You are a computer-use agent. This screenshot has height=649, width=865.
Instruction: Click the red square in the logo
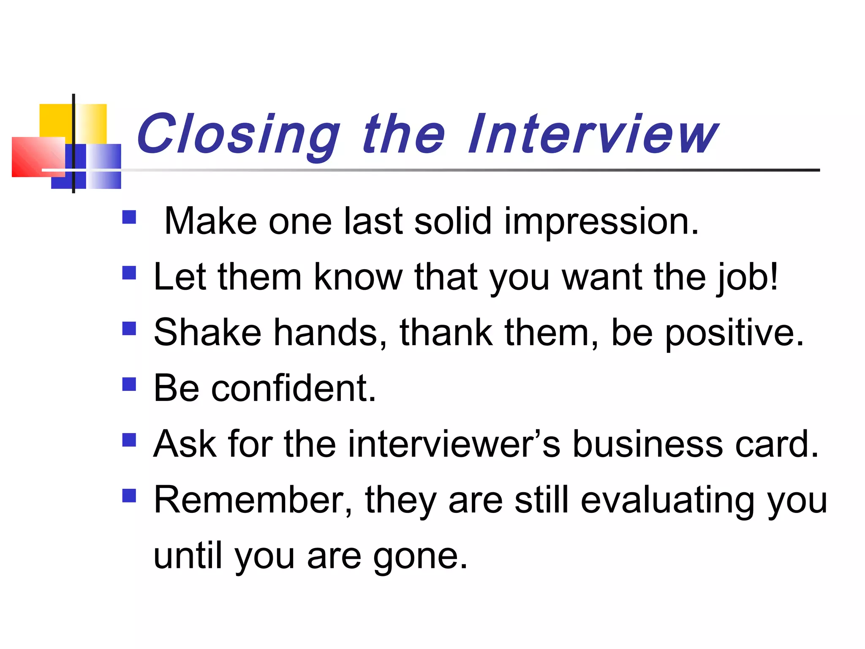(x=36, y=157)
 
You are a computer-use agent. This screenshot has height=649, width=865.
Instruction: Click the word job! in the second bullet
(x=748, y=278)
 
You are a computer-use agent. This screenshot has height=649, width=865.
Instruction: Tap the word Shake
(x=207, y=333)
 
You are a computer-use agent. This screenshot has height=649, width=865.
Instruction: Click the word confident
(x=293, y=388)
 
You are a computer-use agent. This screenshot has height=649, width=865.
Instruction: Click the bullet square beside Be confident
(x=129, y=384)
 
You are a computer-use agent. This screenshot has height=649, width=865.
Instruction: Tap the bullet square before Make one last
(x=129, y=217)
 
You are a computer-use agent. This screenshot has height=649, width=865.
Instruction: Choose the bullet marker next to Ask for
(x=129, y=440)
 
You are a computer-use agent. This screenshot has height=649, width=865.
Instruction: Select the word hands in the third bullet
(x=329, y=333)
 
